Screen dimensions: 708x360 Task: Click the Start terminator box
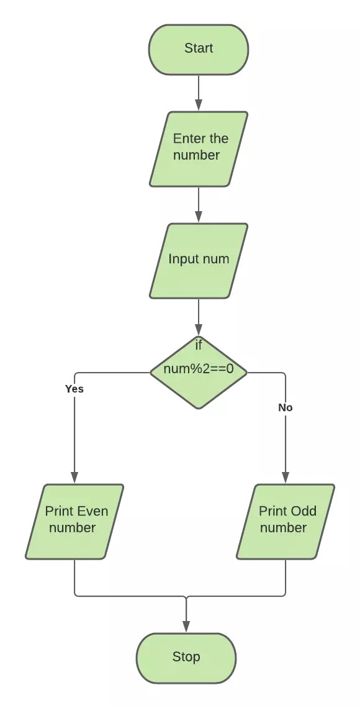pyautogui.click(x=198, y=49)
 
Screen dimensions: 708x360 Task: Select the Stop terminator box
pyautogui.click(x=186, y=657)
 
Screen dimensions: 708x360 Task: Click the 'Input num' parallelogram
pyautogui.click(x=199, y=260)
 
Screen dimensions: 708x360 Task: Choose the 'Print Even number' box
pyautogui.click(x=74, y=521)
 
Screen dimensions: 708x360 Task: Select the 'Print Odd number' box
pyautogui.click(x=286, y=521)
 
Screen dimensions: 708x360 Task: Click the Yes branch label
pyautogui.click(x=74, y=389)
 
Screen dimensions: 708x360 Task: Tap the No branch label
pyautogui.click(x=286, y=408)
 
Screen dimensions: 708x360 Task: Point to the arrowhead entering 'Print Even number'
pyautogui.click(x=74, y=478)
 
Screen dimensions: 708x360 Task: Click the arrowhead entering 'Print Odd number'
pyautogui.click(x=286, y=478)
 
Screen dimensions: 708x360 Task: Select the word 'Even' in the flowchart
pyautogui.click(x=92, y=512)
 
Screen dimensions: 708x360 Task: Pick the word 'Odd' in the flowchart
pyautogui.click(x=304, y=512)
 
